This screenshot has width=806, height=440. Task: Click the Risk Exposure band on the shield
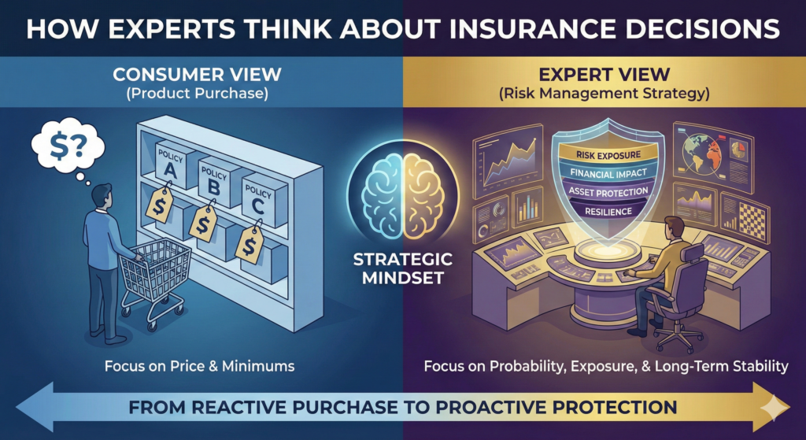603,154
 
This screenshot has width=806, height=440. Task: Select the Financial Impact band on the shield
603,173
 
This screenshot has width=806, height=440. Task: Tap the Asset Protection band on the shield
603,191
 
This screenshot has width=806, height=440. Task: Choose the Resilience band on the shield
603,210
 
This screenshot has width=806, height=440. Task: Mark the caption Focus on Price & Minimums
201,368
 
